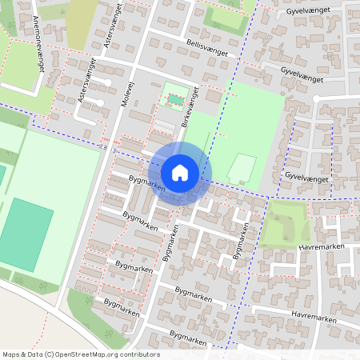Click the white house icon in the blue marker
(180, 172)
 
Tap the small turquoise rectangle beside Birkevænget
(174, 99)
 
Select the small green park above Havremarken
(286, 223)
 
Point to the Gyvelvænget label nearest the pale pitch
(306, 178)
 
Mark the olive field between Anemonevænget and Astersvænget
(82, 24)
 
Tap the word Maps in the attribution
(11, 354)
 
